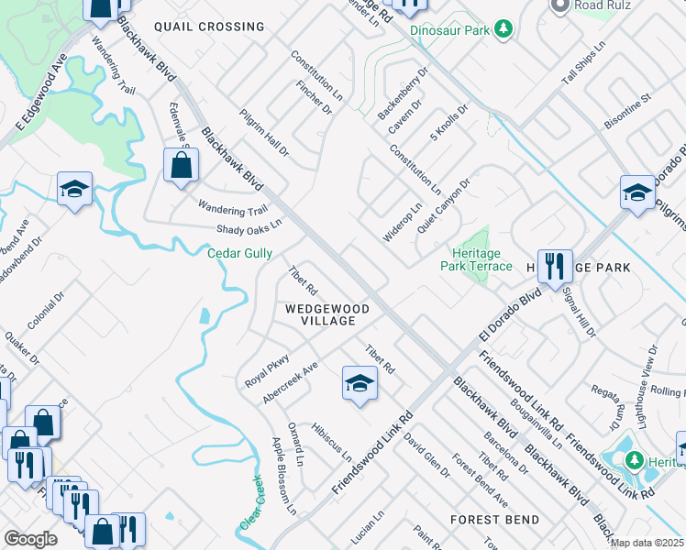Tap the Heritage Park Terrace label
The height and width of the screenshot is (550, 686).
[481, 259]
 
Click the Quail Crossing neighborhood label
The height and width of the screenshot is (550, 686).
[209, 27]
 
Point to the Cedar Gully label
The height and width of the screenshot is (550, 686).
[239, 253]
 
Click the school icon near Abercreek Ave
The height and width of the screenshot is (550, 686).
[360, 383]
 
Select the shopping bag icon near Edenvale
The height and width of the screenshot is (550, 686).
[182, 166]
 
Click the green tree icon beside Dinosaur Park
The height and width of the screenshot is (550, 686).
[503, 30]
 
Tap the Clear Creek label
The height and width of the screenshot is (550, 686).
[250, 505]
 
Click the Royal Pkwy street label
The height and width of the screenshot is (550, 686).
[267, 370]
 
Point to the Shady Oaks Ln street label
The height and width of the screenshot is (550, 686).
[249, 226]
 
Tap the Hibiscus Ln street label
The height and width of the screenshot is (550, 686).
[331, 441]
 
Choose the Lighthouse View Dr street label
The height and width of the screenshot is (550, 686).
[646, 370]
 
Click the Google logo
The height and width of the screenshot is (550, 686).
[30, 539]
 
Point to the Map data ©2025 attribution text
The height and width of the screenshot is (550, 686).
[647, 544]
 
